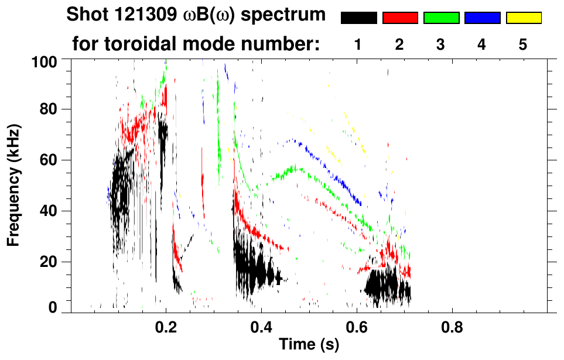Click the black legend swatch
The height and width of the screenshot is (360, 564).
359,18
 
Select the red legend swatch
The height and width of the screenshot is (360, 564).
400,18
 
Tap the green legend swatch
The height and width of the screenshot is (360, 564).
441,18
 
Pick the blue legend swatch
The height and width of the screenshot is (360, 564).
482,18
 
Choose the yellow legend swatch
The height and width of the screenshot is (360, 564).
523,18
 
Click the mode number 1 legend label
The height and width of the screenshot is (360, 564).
358,45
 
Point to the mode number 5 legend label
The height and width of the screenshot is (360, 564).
522,45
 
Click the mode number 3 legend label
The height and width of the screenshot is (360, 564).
440,45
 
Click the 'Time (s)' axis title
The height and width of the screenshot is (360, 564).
309,345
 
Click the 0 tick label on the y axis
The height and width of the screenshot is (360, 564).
52,308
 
